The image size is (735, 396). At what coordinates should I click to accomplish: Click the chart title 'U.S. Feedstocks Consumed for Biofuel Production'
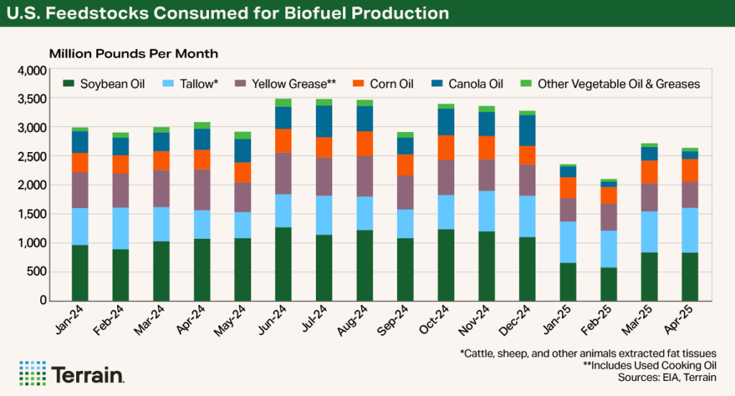click(x=228, y=14)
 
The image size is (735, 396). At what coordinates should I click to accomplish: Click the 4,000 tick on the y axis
click(x=32, y=70)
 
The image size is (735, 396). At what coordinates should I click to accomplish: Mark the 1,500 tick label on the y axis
click(x=32, y=214)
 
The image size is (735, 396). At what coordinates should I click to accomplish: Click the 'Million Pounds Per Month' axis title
click(x=133, y=54)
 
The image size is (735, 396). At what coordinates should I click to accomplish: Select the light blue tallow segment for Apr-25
click(x=690, y=230)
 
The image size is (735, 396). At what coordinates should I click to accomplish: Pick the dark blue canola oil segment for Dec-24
click(x=528, y=130)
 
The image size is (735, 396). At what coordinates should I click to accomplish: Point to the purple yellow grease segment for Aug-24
click(x=365, y=176)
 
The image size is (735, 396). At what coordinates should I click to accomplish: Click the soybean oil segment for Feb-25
click(x=609, y=283)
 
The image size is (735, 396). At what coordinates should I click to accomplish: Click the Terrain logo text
click(x=88, y=374)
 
